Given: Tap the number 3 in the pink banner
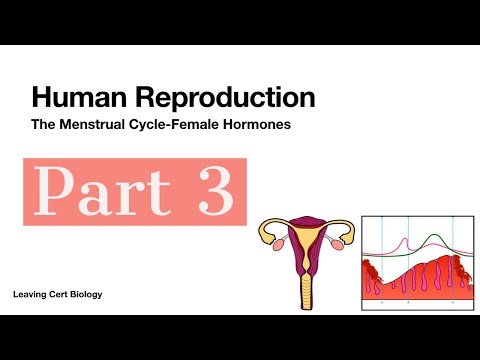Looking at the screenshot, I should [x=212, y=189].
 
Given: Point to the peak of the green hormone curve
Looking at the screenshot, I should [x=432, y=236].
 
